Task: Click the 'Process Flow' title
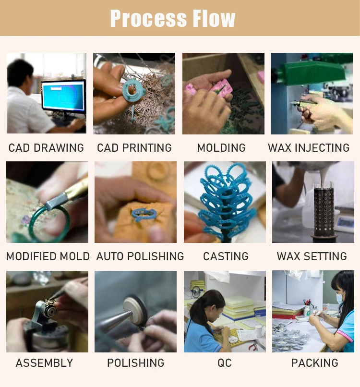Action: click(172, 18)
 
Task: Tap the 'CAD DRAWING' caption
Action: click(46, 148)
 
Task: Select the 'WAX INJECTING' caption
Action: click(309, 148)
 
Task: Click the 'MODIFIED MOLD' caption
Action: click(48, 256)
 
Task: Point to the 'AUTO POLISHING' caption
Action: click(140, 256)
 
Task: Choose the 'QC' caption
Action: click(225, 363)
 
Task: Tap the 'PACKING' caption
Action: click(314, 363)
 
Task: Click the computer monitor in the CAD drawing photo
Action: click(64, 97)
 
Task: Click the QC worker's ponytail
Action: click(197, 314)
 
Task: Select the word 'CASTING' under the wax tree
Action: click(226, 256)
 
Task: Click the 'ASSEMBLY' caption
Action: click(45, 363)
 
